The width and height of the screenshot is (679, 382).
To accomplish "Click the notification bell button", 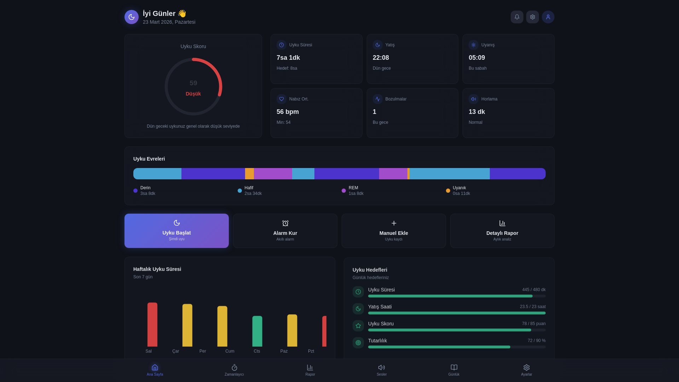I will [x=517, y=17].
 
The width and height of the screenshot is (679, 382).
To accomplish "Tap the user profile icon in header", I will [x=548, y=17].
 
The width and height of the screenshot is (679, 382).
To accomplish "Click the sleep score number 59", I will [x=193, y=83].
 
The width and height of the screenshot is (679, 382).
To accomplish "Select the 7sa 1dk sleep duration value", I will [x=288, y=58].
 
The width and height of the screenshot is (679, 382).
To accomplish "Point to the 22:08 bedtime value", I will [x=381, y=58].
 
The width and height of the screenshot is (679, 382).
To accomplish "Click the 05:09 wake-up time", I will [x=477, y=58].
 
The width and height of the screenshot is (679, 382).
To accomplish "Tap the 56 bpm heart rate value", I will [x=288, y=112].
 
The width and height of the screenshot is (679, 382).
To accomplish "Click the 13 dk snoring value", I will [x=477, y=112].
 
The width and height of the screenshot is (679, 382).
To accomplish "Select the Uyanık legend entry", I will [x=458, y=191].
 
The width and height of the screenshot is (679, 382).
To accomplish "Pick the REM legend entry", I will [x=353, y=191].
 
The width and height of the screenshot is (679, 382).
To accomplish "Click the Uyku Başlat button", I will [x=176, y=231].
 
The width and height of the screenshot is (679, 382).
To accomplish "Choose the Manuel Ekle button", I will [x=394, y=231].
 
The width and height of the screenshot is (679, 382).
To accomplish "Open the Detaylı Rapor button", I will [x=502, y=231].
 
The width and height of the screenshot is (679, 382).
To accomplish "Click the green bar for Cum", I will [x=257, y=331].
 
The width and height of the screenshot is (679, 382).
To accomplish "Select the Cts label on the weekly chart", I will [x=257, y=351].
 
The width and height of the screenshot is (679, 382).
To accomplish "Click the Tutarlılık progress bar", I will [x=457, y=347].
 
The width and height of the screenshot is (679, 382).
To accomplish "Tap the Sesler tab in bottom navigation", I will [x=382, y=370].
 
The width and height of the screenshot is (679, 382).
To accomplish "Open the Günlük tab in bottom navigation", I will [x=454, y=370].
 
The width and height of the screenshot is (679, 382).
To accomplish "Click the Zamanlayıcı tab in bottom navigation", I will [x=234, y=370].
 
